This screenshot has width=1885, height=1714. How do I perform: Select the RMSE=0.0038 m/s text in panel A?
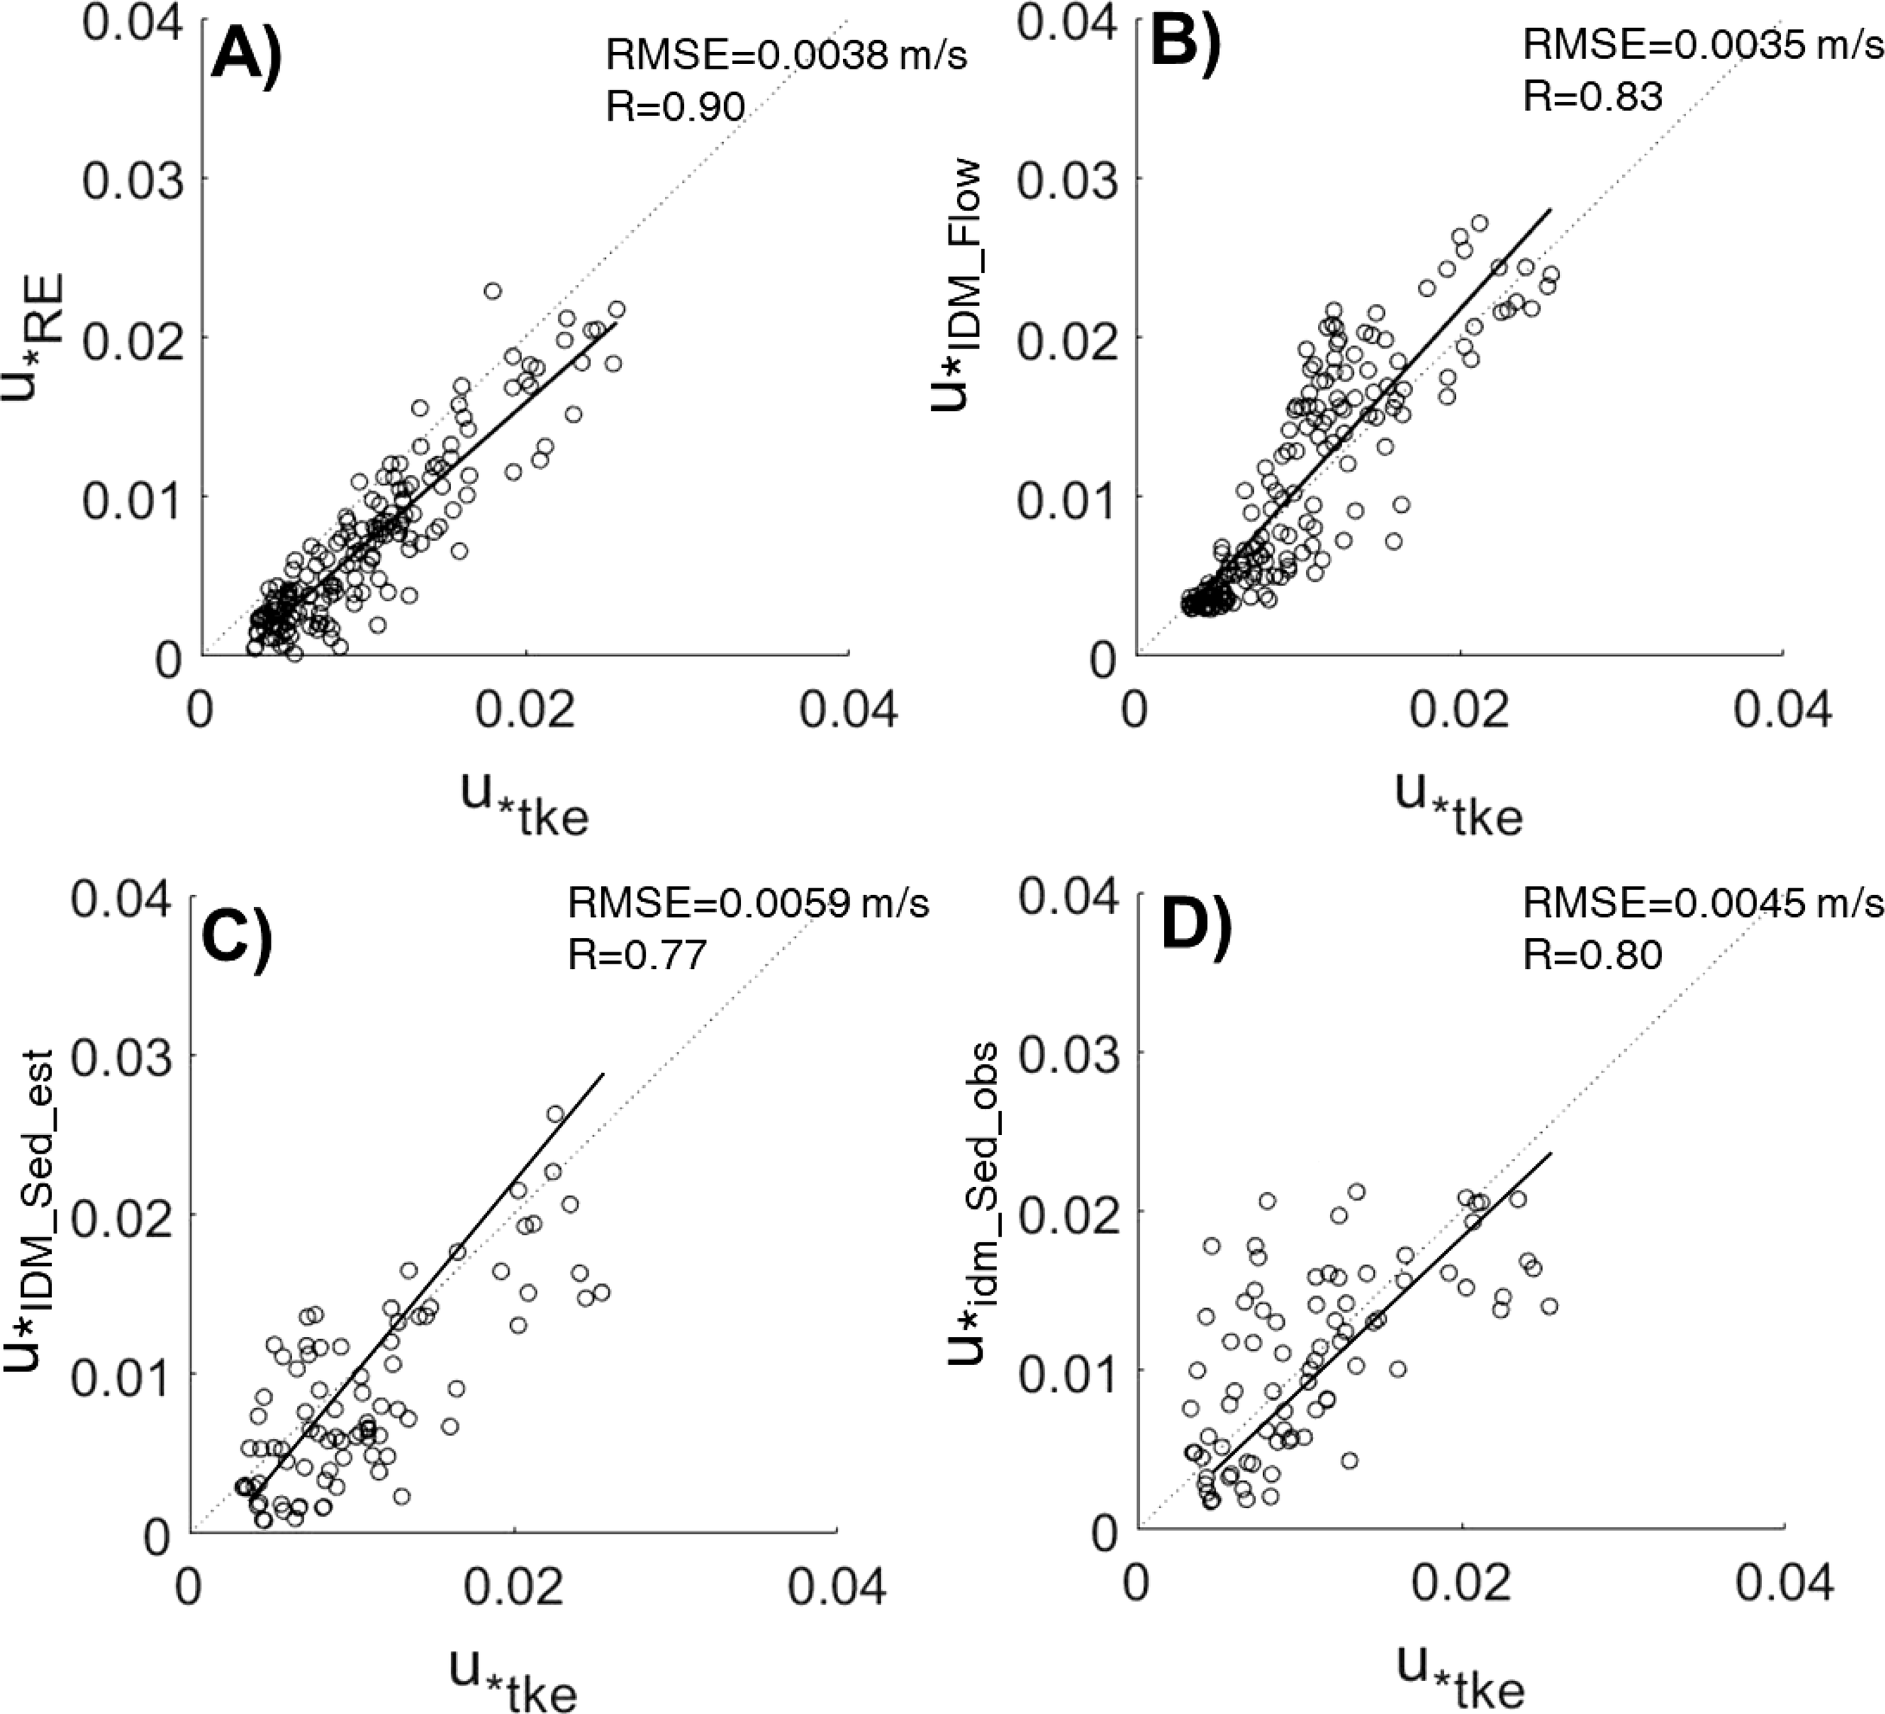point(786,56)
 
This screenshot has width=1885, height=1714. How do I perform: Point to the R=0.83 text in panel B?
point(1592,97)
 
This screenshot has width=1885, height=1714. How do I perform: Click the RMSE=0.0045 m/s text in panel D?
point(1703,903)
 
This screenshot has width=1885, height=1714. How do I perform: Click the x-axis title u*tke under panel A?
point(525,805)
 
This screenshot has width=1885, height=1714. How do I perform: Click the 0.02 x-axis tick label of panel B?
point(1460,710)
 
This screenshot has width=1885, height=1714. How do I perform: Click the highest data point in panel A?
point(493,291)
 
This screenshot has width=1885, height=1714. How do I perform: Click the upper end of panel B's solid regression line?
point(1551,210)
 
